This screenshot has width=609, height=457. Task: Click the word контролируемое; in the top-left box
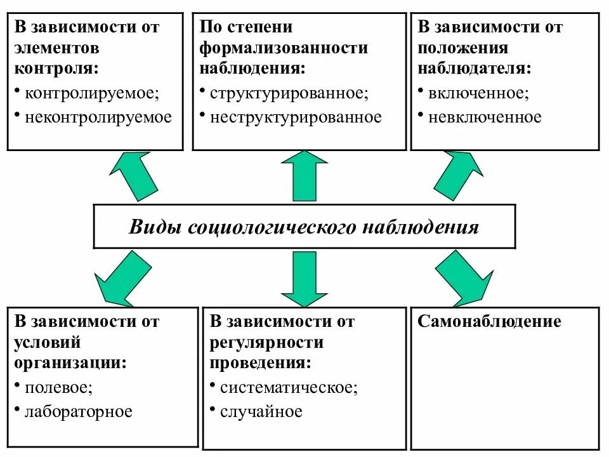click(92, 93)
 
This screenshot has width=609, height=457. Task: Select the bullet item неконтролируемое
click(98, 117)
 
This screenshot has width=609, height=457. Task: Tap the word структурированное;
click(289, 93)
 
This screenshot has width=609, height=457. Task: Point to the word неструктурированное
click(296, 117)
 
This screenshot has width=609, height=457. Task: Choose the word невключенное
click(485, 117)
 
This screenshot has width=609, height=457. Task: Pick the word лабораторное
click(79, 412)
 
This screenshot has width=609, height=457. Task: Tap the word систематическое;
click(289, 388)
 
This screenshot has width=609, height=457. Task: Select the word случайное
click(261, 412)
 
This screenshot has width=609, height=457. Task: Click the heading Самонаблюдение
click(489, 321)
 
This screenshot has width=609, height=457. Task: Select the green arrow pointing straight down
click(304, 278)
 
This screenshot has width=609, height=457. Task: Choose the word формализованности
click(284, 48)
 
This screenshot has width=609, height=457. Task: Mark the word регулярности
click(266, 343)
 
